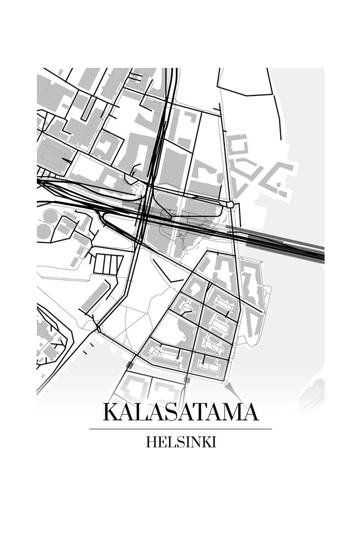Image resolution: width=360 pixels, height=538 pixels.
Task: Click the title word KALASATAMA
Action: click(x=180, y=412)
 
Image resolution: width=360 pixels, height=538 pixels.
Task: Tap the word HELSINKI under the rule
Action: click(x=180, y=442)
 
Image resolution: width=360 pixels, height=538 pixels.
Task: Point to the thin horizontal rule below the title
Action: click(x=180, y=429)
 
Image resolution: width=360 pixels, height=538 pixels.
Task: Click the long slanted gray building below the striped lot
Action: click(x=95, y=296)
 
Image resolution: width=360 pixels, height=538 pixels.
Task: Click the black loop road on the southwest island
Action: click(x=54, y=339)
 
